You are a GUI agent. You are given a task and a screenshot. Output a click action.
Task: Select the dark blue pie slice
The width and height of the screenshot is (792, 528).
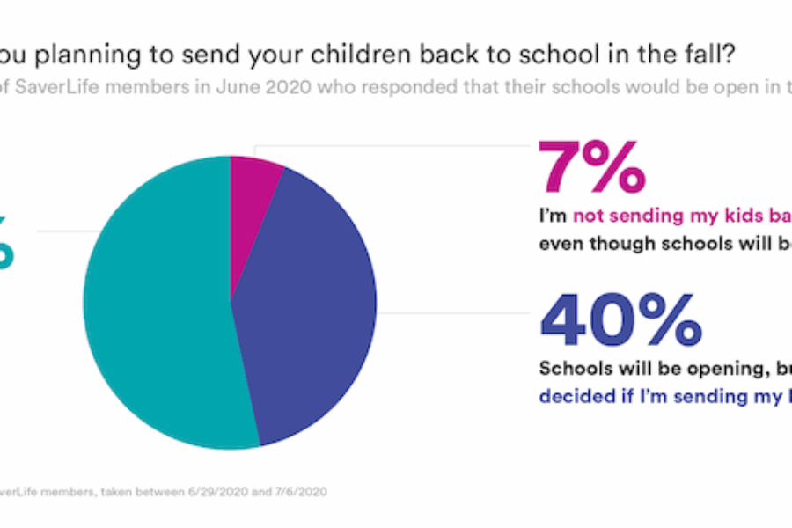coord(317,317)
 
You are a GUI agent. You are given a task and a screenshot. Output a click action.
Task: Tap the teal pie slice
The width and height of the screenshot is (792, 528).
coord(158,317)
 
